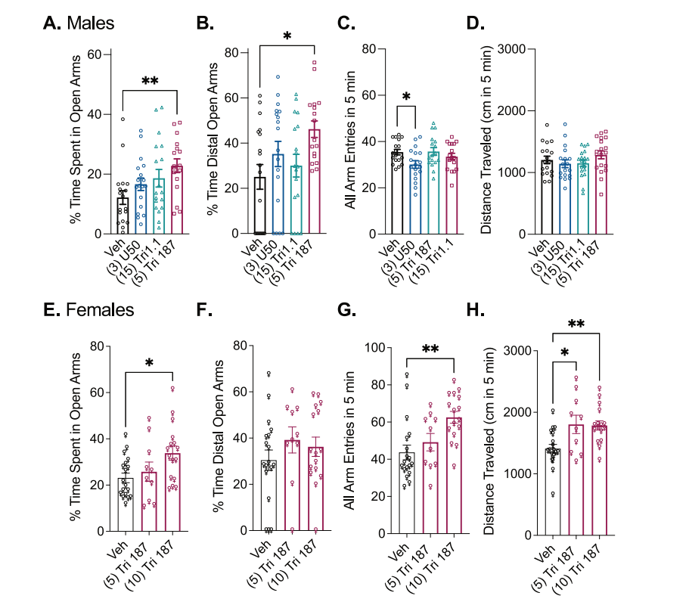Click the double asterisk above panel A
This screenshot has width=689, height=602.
[x=149, y=80]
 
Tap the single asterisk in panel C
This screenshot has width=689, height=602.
[x=406, y=97]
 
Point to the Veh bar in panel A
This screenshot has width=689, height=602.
[x=123, y=216]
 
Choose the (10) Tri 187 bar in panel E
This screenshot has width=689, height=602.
[x=172, y=492]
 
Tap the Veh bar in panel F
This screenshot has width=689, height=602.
[x=268, y=495]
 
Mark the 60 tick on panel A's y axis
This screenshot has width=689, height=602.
[x=95, y=54]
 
